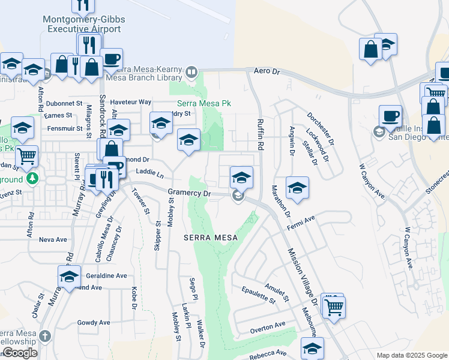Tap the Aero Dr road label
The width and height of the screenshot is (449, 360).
pos(267,71)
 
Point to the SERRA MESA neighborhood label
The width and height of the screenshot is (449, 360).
pos(211,238)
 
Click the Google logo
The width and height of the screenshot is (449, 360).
pos(20,353)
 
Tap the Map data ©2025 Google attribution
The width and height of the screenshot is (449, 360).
pos(411,355)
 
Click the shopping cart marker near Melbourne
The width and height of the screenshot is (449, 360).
pos(334,307)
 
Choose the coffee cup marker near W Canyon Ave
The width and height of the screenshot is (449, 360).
pos(390,116)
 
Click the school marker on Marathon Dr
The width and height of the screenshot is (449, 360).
pos(297,188)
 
